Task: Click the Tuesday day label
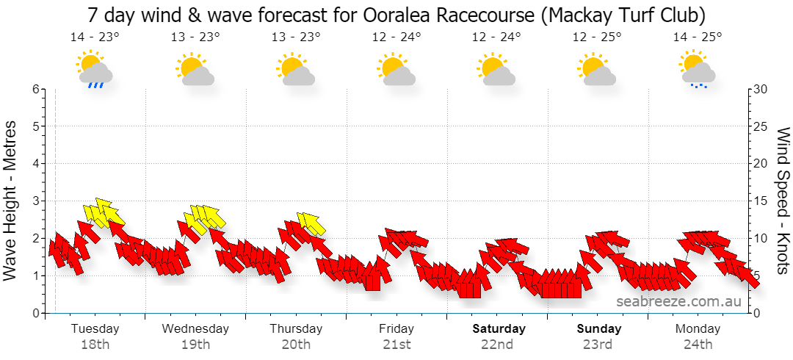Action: (x=95, y=328)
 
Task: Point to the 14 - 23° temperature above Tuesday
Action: (x=95, y=37)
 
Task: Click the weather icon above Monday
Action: (x=698, y=69)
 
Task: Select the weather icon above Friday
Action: (x=396, y=68)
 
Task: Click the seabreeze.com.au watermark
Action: (x=678, y=301)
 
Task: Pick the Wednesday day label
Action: (x=195, y=328)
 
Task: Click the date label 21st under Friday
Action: (x=396, y=345)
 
